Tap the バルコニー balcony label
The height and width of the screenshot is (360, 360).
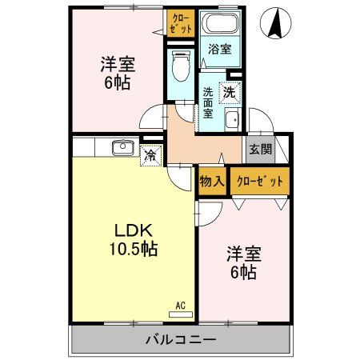(x=180, y=339)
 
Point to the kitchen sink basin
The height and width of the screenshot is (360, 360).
(x=122, y=148)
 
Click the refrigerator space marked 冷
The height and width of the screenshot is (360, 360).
(x=150, y=155)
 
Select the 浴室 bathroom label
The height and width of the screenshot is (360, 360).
(x=219, y=50)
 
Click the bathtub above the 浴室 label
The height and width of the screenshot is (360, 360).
(x=220, y=24)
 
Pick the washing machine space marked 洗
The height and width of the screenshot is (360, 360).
(x=230, y=92)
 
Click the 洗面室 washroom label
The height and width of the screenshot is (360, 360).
(x=207, y=102)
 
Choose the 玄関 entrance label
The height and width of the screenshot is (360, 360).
(x=259, y=149)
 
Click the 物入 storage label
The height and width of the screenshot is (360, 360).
(x=212, y=182)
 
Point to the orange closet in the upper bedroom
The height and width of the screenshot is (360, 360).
(x=181, y=21)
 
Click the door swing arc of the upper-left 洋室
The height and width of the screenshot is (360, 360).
(x=150, y=120)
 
